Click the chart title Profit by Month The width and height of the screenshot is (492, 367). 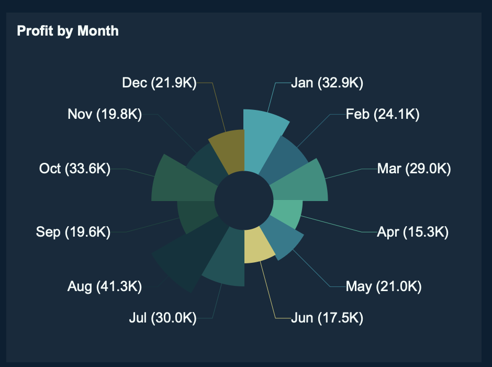click(x=68, y=31)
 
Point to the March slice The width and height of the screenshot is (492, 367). click(x=298, y=183)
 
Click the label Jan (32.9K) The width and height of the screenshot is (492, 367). click(x=327, y=83)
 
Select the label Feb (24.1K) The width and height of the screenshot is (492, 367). click(x=383, y=114)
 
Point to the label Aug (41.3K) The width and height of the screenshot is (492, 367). click(x=105, y=286)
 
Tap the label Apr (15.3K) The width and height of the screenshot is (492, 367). click(x=412, y=232)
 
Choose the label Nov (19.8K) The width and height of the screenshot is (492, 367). click(x=105, y=114)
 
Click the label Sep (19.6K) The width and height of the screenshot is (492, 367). click(x=73, y=232)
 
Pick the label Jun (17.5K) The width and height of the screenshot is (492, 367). click(x=327, y=317)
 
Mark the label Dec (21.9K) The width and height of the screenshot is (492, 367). click(x=159, y=83)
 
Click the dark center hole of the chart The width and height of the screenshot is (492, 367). click(x=244, y=201)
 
